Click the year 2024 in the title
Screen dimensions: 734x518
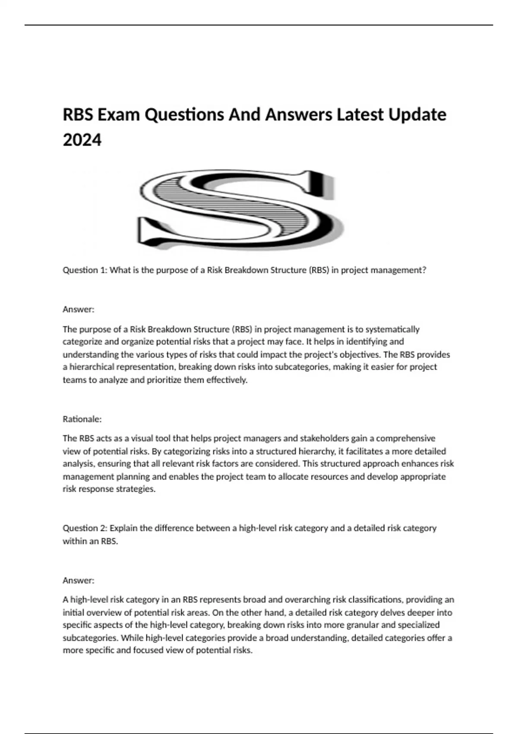[82, 140]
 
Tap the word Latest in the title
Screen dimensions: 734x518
[360, 115]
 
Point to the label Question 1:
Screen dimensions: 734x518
[85, 270]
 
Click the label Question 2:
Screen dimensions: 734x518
[85, 528]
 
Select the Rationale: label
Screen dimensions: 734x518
[82, 419]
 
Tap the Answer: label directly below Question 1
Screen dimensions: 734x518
[79, 309]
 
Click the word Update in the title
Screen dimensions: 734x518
[417, 115]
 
